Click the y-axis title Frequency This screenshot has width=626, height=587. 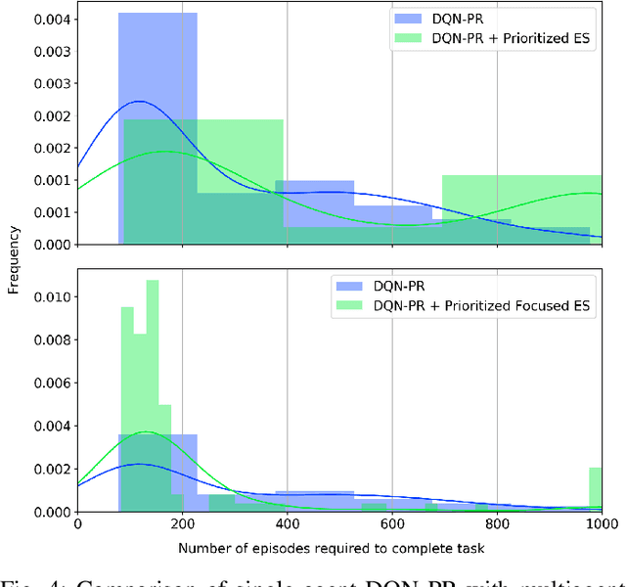tap(15, 261)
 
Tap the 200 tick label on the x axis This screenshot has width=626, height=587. tap(182, 524)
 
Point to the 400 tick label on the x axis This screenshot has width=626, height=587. tap(287, 524)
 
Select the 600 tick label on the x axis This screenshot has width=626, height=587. tap(391, 524)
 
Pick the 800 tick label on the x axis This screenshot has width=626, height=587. tap(496, 524)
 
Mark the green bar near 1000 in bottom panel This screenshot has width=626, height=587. tap(596, 489)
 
